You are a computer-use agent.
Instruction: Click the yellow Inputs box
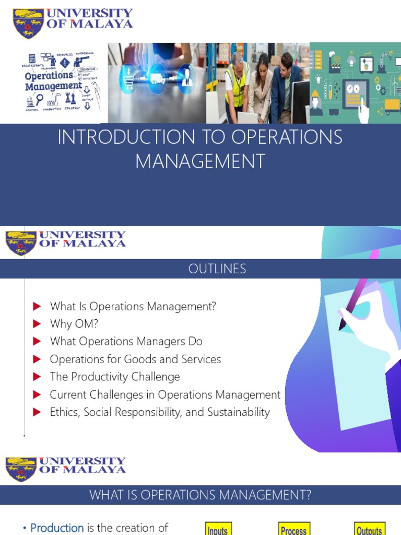[217, 529]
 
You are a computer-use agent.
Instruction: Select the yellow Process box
[294, 529]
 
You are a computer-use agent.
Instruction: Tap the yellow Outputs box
[369, 529]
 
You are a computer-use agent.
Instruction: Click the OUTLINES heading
[217, 269]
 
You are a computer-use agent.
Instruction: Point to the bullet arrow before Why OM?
[37, 324]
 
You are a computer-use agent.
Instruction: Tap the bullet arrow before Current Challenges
[37, 394]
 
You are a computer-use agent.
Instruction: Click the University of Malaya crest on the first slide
[28, 23]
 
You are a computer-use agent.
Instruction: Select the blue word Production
[57, 528]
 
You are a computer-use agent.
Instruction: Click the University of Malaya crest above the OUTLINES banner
[21, 243]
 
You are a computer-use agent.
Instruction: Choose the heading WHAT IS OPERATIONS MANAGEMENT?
[200, 495]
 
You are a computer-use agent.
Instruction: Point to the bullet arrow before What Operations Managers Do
[37, 342]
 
